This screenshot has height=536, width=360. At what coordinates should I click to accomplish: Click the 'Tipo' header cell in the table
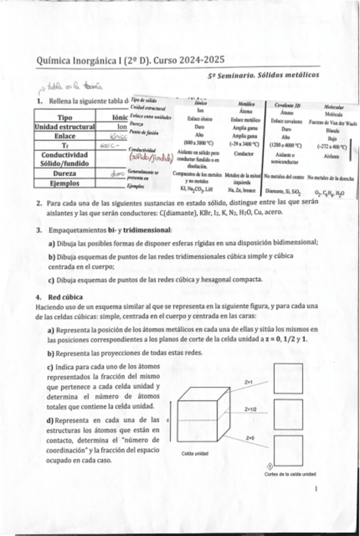click(64, 118)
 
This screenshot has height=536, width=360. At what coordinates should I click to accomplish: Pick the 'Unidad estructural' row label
click(64, 126)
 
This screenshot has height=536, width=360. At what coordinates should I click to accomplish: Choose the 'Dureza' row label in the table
click(64, 173)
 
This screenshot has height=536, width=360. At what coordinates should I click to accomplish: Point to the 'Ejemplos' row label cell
click(64, 183)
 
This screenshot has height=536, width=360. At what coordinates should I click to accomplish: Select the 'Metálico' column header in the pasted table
click(246, 102)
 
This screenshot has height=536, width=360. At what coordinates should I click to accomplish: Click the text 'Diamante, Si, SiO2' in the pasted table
click(284, 190)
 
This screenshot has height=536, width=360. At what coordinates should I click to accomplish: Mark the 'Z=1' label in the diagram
click(249, 382)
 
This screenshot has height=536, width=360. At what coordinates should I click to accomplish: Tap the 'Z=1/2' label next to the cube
click(251, 410)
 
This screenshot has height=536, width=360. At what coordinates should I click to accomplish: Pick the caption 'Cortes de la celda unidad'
click(290, 474)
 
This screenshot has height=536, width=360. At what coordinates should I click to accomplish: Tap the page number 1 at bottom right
click(316, 489)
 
